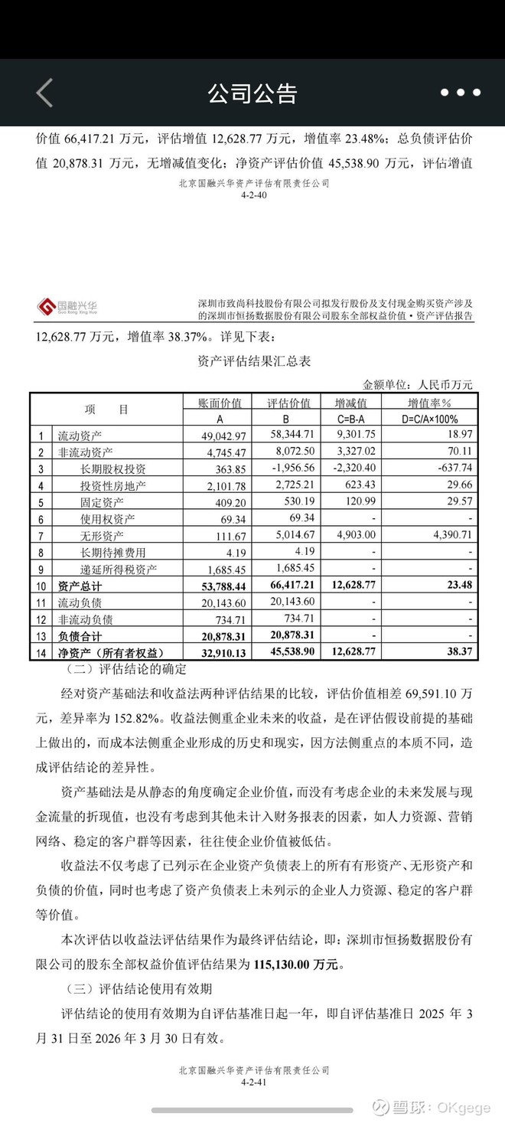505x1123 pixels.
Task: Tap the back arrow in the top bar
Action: click(x=44, y=93)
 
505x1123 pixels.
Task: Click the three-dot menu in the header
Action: click(x=461, y=93)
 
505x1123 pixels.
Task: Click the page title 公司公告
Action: click(x=252, y=93)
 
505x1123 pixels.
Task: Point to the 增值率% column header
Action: click(x=428, y=403)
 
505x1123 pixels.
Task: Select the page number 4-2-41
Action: click(x=252, y=1082)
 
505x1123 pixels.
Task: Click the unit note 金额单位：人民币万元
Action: click(x=417, y=384)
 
